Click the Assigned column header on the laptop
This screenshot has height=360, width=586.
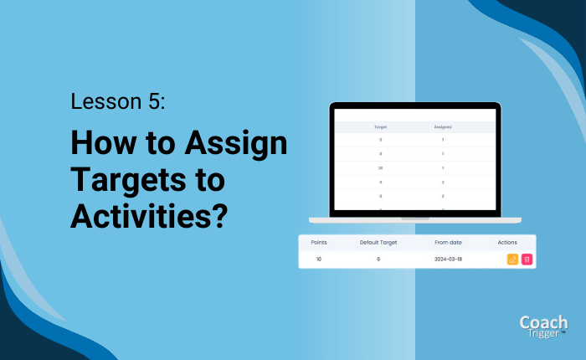coord(443,127)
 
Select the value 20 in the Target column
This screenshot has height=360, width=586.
coord(380,167)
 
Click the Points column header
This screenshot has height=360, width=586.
coord(319,243)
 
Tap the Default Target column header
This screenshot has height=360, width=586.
coord(378,243)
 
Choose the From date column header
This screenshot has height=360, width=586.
coord(448,243)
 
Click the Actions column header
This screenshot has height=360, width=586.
coord(508,243)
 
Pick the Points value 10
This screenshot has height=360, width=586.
coord(319,260)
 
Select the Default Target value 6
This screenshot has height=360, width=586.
coord(378,260)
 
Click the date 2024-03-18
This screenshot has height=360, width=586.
coord(448,260)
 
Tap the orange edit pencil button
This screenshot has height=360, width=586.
coord(512,260)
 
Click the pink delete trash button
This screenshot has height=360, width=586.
coord(527,260)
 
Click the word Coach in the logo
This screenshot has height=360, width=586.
coord(543,322)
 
